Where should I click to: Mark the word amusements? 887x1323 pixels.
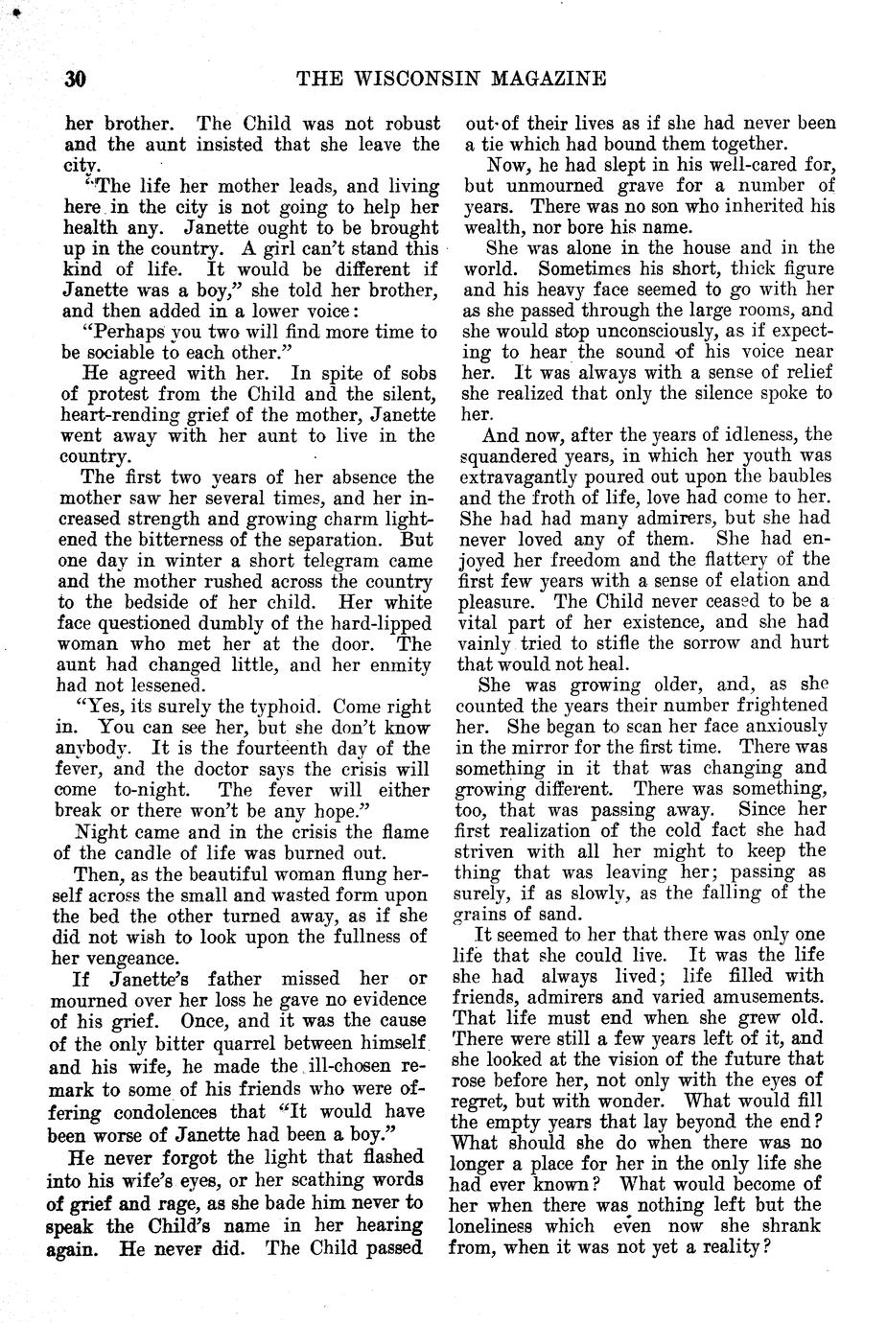click(766, 996)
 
